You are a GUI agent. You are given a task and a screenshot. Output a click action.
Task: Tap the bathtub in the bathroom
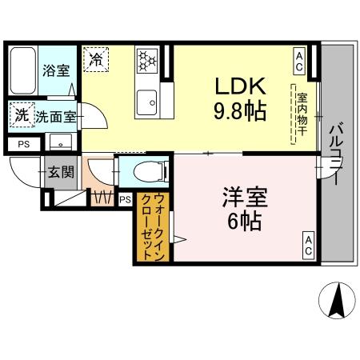pyautogui.click(x=22, y=72)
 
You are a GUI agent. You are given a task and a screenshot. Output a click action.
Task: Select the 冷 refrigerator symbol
pyautogui.click(x=97, y=58)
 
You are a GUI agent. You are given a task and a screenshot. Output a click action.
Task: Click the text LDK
pyautogui.click(x=233, y=86)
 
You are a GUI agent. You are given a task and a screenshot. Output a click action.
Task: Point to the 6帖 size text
pyautogui.click(x=243, y=222)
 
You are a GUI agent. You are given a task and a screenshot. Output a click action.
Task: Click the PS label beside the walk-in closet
pyautogui.click(x=126, y=200)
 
